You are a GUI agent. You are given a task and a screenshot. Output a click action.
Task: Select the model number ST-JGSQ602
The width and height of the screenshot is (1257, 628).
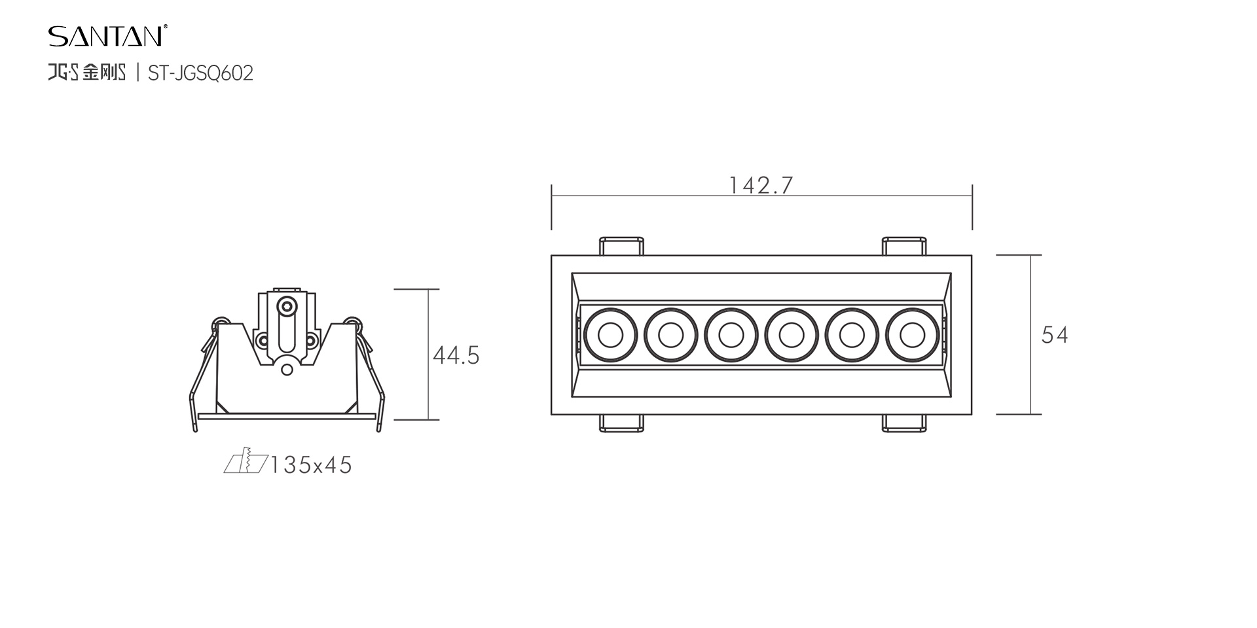200,73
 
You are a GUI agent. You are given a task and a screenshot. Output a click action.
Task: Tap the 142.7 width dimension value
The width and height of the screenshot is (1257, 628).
761,185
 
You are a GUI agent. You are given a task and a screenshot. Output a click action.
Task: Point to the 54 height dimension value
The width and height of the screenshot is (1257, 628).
1055,335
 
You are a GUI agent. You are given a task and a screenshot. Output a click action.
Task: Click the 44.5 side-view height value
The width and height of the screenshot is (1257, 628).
456,355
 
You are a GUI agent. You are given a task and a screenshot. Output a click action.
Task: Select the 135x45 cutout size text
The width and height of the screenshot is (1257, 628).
311,464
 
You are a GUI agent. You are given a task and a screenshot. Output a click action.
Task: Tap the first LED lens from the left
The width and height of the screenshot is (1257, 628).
611,336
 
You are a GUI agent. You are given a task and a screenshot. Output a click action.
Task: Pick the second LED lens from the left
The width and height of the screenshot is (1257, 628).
671,336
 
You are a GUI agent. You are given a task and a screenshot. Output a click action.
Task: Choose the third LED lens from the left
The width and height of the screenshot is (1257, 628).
731,336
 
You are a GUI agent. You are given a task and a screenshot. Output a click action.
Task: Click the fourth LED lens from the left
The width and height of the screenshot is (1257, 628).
792,336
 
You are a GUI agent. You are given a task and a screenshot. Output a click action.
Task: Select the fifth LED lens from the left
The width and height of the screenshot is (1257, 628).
852,336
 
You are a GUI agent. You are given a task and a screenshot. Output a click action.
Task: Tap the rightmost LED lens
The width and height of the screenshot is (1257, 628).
912,336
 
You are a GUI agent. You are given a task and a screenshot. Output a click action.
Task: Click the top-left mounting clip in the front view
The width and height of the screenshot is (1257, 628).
622,246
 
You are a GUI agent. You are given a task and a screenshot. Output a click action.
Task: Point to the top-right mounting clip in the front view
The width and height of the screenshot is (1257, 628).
904,246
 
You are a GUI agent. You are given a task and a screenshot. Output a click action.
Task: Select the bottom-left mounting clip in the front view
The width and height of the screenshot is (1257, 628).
622,423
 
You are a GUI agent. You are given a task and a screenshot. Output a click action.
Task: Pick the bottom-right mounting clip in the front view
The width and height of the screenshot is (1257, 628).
904,423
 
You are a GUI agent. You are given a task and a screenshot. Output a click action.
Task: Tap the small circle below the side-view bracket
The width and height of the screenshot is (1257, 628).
287,370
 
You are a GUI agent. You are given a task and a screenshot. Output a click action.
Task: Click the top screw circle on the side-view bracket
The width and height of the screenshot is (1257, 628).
286,306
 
